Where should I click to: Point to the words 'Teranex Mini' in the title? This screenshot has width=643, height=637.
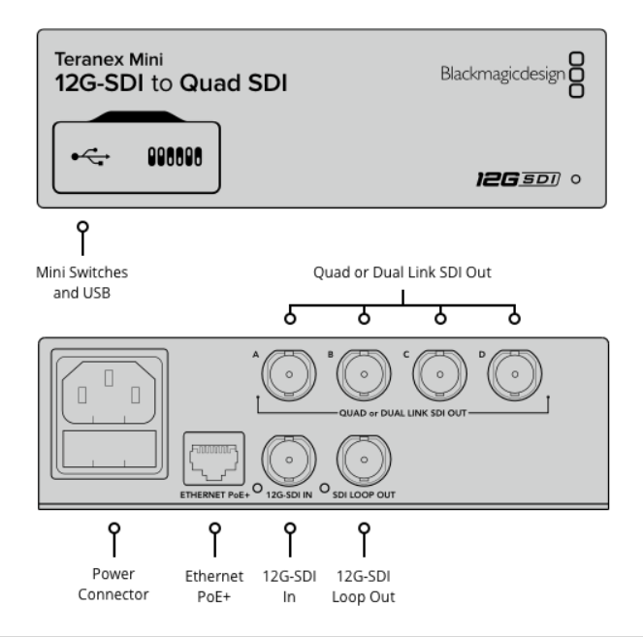tap(100, 59)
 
